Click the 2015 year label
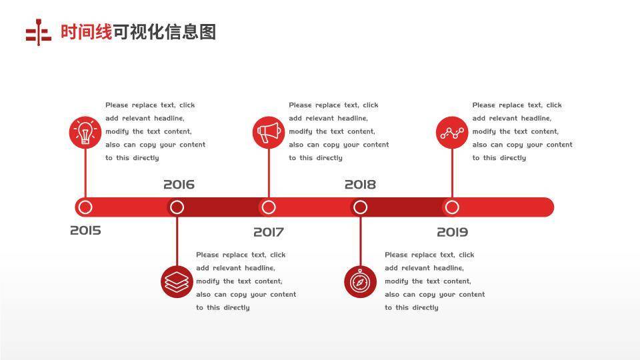[x=85, y=231]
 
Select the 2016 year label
[x=179, y=185]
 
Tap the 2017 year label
[x=268, y=232]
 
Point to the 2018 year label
[x=360, y=185]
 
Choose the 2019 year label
[x=452, y=232]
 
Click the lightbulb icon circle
[x=85, y=132]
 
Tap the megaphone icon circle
[x=269, y=132]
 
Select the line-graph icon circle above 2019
[x=452, y=132]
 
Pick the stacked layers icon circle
[x=177, y=281]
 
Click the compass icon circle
[x=360, y=281]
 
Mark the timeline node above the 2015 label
[x=85, y=207]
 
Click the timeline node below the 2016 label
[x=177, y=207]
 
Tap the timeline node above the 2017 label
[x=269, y=207]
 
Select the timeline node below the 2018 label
[x=360, y=207]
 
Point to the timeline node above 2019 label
[x=452, y=207]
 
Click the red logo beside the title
[x=39, y=33]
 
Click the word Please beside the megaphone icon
[x=300, y=105]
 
